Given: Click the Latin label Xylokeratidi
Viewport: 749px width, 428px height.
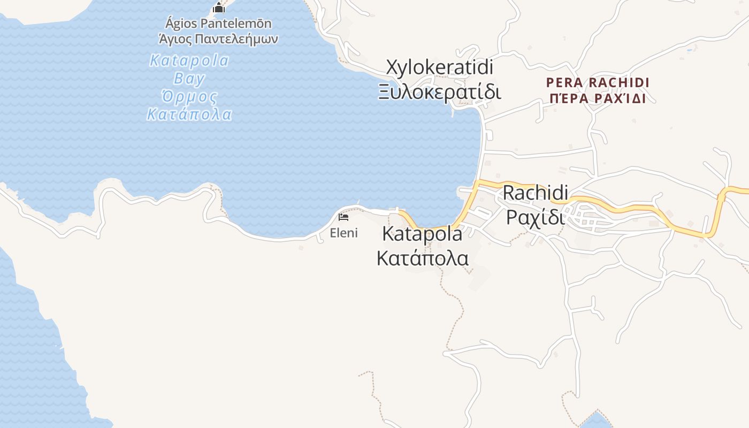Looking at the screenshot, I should tap(439, 68).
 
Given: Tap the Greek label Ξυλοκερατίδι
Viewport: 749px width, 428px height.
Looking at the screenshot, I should tap(439, 91).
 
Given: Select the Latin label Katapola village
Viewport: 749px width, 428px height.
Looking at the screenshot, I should tap(422, 234).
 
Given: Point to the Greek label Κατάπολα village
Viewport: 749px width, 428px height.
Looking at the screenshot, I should tap(422, 258).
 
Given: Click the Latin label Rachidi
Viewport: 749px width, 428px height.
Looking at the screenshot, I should tap(535, 193).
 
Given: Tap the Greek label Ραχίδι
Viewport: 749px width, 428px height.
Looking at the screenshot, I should tap(535, 217).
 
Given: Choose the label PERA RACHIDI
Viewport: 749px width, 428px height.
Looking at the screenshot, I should tap(598, 83).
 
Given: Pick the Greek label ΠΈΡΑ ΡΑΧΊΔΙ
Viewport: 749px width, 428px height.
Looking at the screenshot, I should tap(598, 99).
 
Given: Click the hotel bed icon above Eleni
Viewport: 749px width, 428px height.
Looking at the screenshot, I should tap(343, 217).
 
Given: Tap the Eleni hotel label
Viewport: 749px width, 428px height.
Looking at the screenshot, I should tap(343, 233).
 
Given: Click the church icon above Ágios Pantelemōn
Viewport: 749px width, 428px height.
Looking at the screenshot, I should tap(218, 7).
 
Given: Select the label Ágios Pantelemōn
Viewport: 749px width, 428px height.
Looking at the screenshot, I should tap(218, 24).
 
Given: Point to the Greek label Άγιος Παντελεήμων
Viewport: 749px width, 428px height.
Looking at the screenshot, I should tap(218, 39).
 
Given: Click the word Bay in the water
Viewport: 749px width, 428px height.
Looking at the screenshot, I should tap(189, 79).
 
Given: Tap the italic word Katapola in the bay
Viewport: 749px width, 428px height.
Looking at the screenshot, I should tap(189, 60).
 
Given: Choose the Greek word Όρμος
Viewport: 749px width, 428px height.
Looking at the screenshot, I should tap(189, 97).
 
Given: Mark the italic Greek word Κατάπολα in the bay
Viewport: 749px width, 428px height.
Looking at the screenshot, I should tap(189, 114).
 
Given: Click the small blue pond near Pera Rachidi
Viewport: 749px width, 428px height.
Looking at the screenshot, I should tap(689, 51).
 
